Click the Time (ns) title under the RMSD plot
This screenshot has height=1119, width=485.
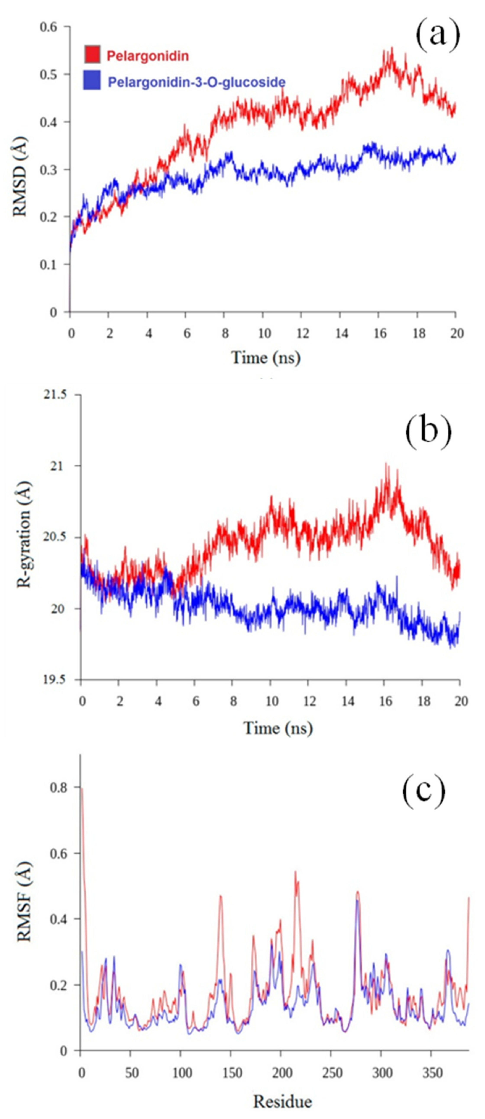pos(265,357)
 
